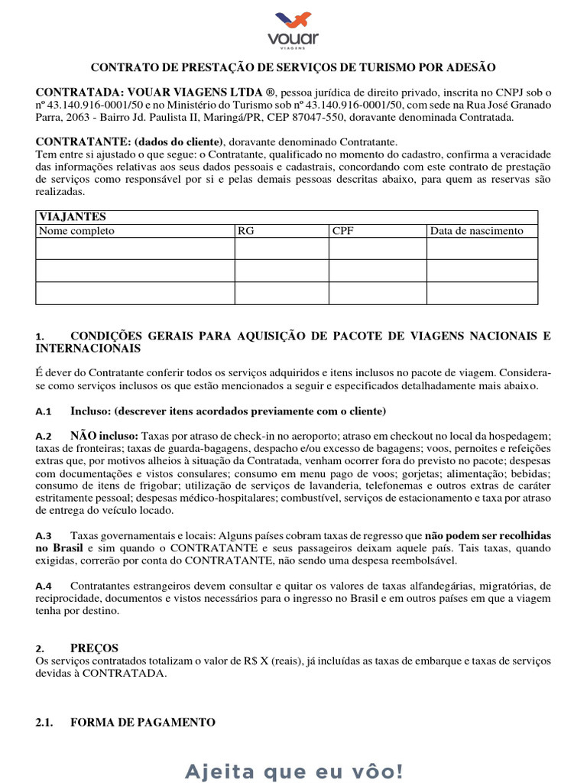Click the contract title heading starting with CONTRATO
pos(293,67)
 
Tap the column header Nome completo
pos(76,231)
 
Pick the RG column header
pos(246,231)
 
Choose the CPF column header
pos(342,231)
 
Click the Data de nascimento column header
pos(476,231)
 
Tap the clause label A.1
pos(44,411)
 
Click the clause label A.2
pos(44,435)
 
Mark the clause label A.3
pos(44,537)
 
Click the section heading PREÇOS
pos(95,648)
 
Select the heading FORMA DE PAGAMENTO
pos(143,723)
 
